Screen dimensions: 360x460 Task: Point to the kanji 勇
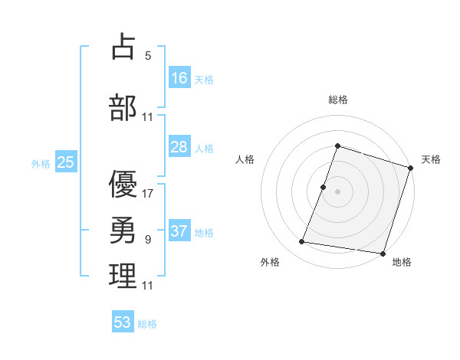pos(123,228)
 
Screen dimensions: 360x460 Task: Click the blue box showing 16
pos(179,77)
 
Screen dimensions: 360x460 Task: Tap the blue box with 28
pos(179,147)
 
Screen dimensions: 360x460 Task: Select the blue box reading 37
pos(179,232)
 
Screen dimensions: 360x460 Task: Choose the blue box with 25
pos(65,162)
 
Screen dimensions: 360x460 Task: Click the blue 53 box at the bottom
pos(123,322)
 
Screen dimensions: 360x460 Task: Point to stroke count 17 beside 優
pos(148,193)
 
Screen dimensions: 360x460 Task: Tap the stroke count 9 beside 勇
pos(148,240)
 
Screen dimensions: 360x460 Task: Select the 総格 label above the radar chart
pos(338,100)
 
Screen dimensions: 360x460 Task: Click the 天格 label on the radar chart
pos(432,159)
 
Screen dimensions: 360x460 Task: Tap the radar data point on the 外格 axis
pos(302,242)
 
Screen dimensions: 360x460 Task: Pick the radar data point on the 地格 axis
pos(382,253)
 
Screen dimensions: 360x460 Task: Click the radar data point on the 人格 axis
pos(324,187)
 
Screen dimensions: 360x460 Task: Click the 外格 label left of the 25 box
pos(41,163)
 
